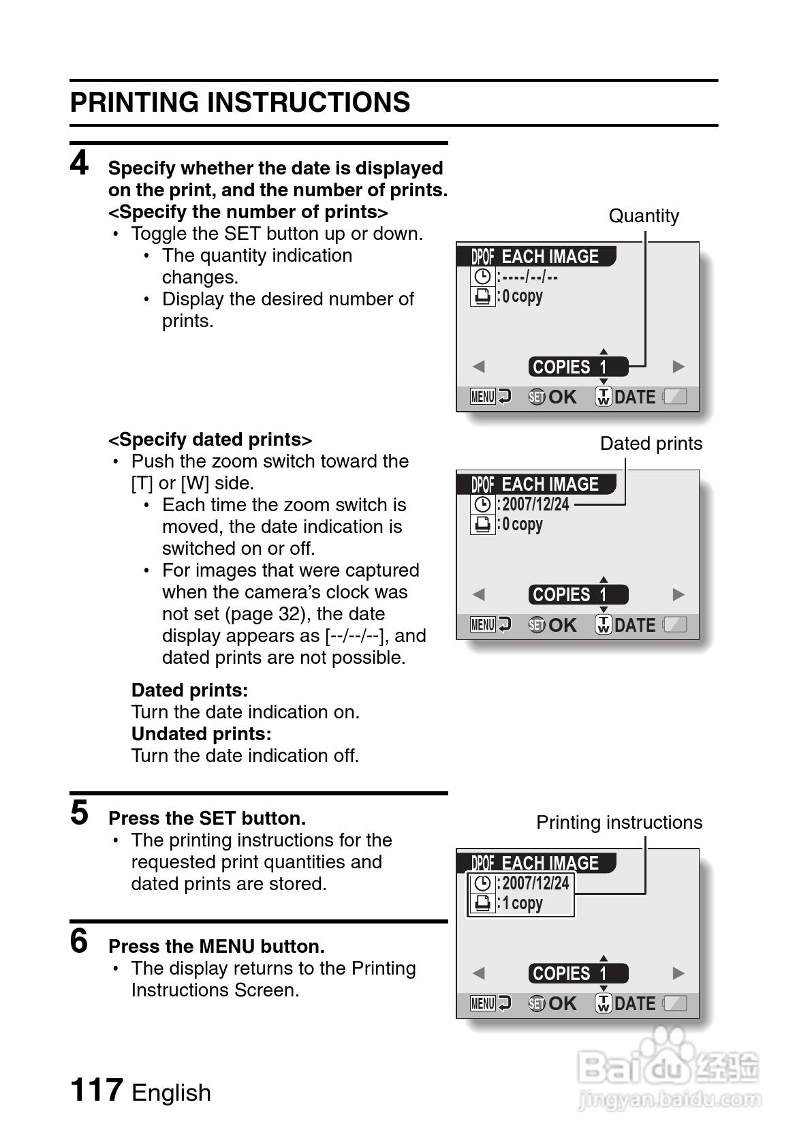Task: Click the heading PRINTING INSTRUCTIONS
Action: click(x=240, y=103)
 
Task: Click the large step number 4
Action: click(x=80, y=163)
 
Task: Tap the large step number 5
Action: click(x=80, y=812)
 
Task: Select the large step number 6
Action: click(x=80, y=941)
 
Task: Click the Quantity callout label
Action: click(x=643, y=216)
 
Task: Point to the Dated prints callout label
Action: click(x=651, y=444)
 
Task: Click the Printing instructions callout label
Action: click(x=619, y=823)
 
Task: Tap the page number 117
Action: click(x=97, y=1090)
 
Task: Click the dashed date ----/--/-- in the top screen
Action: click(x=530, y=277)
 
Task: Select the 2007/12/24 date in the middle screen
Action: click(x=535, y=504)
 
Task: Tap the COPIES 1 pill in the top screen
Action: click(x=578, y=367)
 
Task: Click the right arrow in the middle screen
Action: click(x=678, y=594)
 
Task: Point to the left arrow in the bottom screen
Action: click(x=479, y=973)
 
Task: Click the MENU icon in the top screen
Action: click(x=483, y=397)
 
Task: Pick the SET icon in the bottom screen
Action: click(x=537, y=1004)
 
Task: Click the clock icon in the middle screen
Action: click(x=482, y=504)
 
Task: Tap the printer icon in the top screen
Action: click(x=482, y=296)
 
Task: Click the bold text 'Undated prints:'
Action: click(x=201, y=734)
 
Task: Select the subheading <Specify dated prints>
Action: click(x=210, y=440)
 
